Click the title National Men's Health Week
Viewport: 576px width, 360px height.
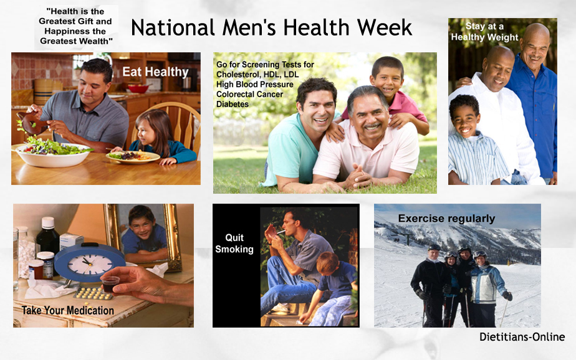(271, 28)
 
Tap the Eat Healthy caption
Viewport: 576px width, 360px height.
(155, 72)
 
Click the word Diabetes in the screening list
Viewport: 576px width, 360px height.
(233, 104)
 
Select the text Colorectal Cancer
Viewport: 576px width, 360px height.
(249, 94)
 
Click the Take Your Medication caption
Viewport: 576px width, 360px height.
(68, 310)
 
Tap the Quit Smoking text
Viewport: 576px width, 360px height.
(234, 244)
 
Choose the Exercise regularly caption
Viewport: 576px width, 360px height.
(446, 219)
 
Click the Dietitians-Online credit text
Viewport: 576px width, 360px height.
(522, 337)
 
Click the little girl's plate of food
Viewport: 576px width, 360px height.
(133, 157)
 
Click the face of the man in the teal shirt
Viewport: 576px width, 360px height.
(317, 104)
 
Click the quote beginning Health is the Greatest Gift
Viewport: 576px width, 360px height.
(76, 26)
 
